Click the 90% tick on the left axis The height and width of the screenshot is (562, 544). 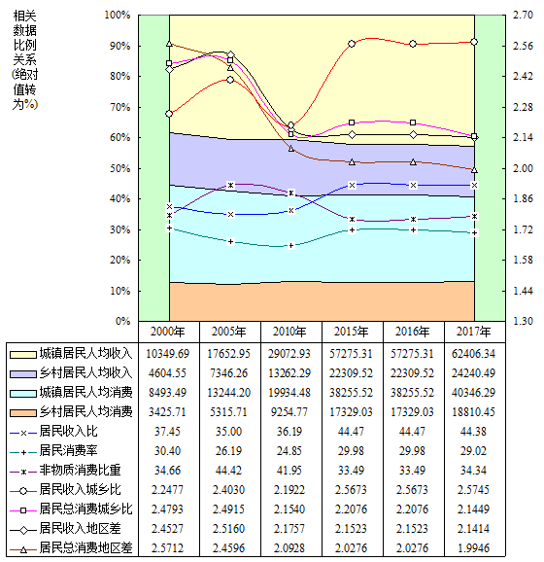pyautogui.click(x=120, y=47)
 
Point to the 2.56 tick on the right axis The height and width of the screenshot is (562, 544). pyautogui.click(x=523, y=47)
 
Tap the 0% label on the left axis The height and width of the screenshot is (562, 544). pyautogui.click(x=122, y=321)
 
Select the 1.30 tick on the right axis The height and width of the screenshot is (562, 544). pyautogui.click(x=523, y=321)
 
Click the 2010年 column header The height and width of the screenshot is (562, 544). pyautogui.click(x=289, y=332)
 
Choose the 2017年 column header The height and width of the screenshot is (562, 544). pyautogui.click(x=473, y=332)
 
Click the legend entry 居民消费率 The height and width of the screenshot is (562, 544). pyautogui.click(x=68, y=450)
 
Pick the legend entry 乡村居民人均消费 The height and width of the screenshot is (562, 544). pyautogui.click(x=85, y=412)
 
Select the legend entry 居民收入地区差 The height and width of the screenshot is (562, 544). pyautogui.click(x=80, y=528)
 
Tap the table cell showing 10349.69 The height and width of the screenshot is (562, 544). pyautogui.click(x=168, y=354)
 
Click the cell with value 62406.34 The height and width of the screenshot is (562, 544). pyautogui.click(x=473, y=354)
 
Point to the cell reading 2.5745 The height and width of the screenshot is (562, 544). pyautogui.click(x=473, y=490)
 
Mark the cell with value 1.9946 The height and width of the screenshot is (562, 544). pyautogui.click(x=473, y=547)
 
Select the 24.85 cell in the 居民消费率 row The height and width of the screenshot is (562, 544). pyautogui.click(x=289, y=450)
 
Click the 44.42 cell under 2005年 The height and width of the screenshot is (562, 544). pyautogui.click(x=229, y=471)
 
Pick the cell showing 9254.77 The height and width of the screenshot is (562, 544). pyautogui.click(x=289, y=412)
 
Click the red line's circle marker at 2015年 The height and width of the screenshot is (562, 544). pyautogui.click(x=352, y=44)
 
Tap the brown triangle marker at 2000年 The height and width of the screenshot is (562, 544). pyautogui.click(x=169, y=44)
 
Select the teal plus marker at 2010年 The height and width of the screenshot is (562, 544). pyautogui.click(x=291, y=246)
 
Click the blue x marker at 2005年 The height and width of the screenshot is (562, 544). pyautogui.click(x=230, y=214)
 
